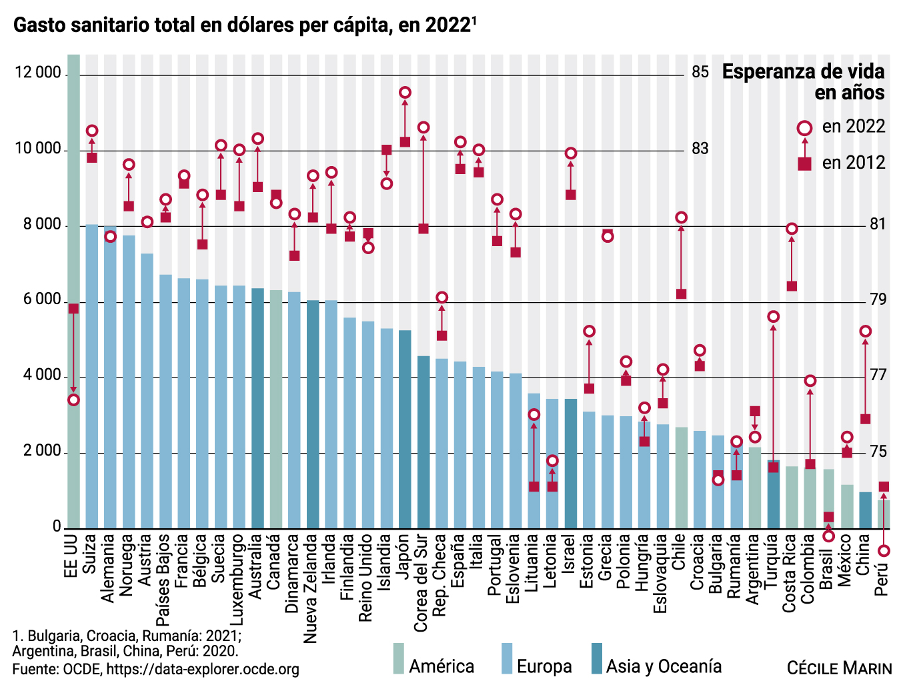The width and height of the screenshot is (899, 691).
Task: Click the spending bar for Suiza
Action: (x=92, y=377)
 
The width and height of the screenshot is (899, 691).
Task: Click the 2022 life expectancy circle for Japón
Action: (x=405, y=93)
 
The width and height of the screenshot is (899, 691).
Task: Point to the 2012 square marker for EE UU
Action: (x=73, y=308)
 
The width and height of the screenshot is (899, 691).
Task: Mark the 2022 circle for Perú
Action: (x=884, y=551)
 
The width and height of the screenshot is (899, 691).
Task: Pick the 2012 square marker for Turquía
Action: (x=773, y=467)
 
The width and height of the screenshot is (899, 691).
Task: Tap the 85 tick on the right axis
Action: (x=700, y=73)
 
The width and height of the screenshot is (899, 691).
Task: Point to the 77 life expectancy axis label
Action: (x=878, y=376)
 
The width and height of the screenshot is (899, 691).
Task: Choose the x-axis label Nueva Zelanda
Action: (x=312, y=588)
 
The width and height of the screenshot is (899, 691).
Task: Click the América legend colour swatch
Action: (x=398, y=658)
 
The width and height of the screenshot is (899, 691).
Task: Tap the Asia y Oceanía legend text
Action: (x=664, y=666)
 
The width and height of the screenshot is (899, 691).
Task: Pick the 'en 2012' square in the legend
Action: (x=805, y=163)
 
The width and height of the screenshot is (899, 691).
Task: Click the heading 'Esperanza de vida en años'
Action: (x=803, y=82)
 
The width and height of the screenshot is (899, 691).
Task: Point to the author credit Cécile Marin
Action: (x=839, y=668)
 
